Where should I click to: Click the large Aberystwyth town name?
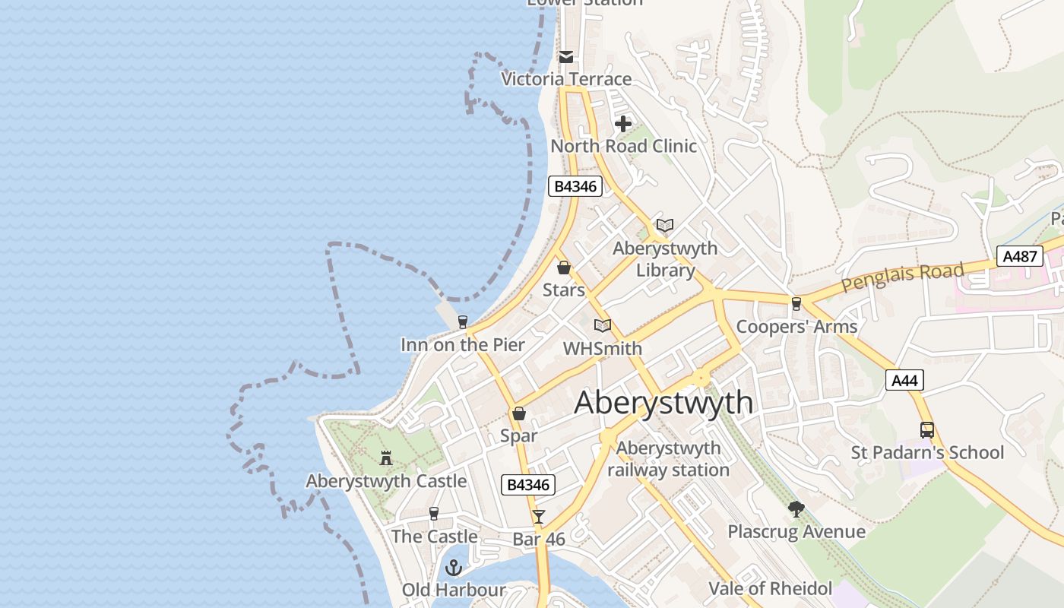pyautogui.click(x=663, y=403)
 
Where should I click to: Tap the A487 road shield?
pyautogui.click(x=1020, y=256)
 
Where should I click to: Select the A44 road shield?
pyautogui.click(x=904, y=380)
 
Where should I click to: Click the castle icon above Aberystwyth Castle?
pyautogui.click(x=386, y=458)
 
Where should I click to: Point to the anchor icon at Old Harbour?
pyautogui.click(x=454, y=568)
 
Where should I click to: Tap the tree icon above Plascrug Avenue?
pyautogui.click(x=796, y=508)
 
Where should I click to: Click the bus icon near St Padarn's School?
pyautogui.click(x=926, y=429)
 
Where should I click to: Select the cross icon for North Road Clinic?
pyautogui.click(x=623, y=123)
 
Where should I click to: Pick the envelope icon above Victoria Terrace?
pyautogui.click(x=566, y=56)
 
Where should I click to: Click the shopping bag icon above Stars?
pyautogui.click(x=564, y=268)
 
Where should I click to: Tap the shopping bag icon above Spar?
pyautogui.click(x=519, y=413)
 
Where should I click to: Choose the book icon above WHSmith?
pyautogui.click(x=603, y=326)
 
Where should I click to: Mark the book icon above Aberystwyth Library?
pyautogui.click(x=665, y=226)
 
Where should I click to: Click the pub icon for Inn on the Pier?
pyautogui.click(x=462, y=322)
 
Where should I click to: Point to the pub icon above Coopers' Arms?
pyautogui.click(x=796, y=304)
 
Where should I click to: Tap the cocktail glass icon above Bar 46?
pyautogui.click(x=539, y=517)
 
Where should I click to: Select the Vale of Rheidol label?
pyautogui.click(x=770, y=588)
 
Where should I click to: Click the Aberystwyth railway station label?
pyautogui.click(x=668, y=459)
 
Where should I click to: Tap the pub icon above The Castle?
pyautogui.click(x=434, y=514)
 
